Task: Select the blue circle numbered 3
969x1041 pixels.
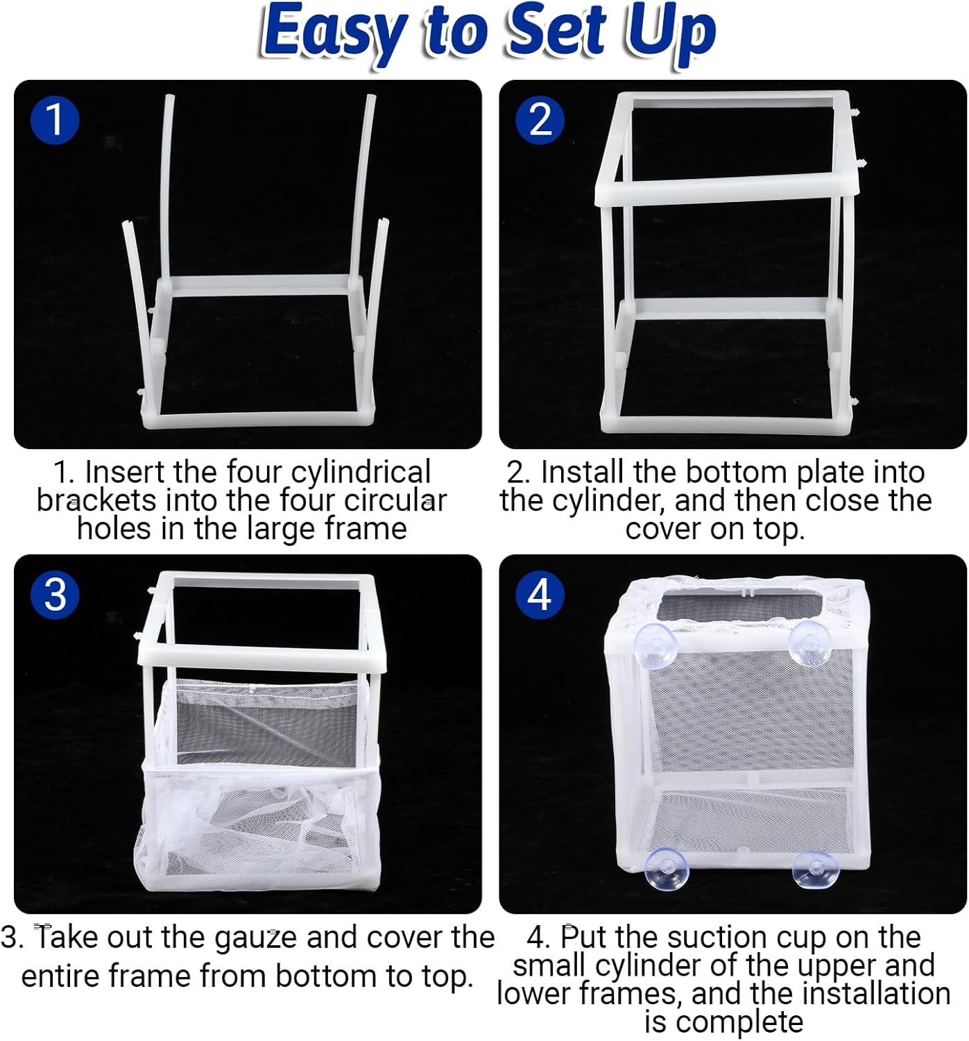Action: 55,595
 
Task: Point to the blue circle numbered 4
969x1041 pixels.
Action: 540,595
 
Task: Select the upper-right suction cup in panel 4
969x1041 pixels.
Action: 809,643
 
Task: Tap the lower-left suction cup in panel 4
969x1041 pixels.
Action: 666,870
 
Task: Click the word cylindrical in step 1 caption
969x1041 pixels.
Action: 361,473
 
